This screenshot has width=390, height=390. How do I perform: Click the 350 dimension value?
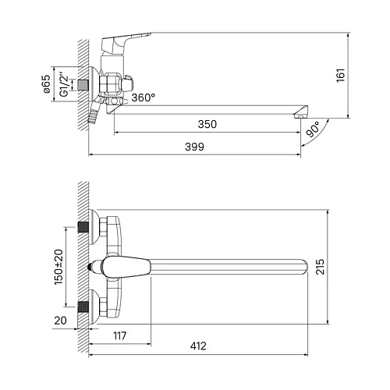[x=207, y=124]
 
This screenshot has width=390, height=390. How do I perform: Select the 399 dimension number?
[x=194, y=147]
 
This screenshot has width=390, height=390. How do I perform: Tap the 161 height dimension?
[x=341, y=76]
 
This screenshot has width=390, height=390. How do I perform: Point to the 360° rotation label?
[x=144, y=97]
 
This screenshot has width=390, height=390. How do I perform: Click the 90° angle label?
[x=313, y=129]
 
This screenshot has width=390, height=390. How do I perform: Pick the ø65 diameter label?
[x=47, y=84]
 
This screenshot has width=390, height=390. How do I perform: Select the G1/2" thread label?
[x=64, y=84]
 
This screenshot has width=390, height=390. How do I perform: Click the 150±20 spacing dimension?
[x=58, y=267]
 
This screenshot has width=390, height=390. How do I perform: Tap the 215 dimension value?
[x=320, y=267]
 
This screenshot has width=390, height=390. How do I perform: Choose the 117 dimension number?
[x=120, y=335]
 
